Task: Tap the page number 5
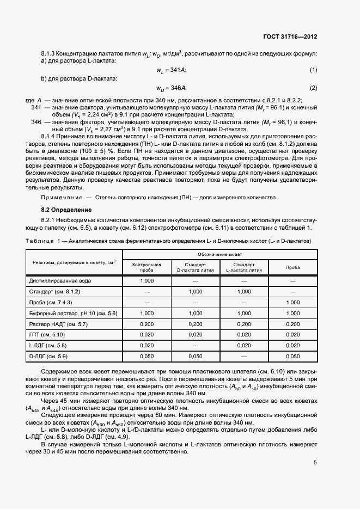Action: tap(315, 463)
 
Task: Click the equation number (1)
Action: tap(314, 70)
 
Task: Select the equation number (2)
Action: tap(314, 88)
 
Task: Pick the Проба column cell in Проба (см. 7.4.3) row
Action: tap(292, 302)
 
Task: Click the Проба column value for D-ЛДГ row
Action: tap(292, 356)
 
